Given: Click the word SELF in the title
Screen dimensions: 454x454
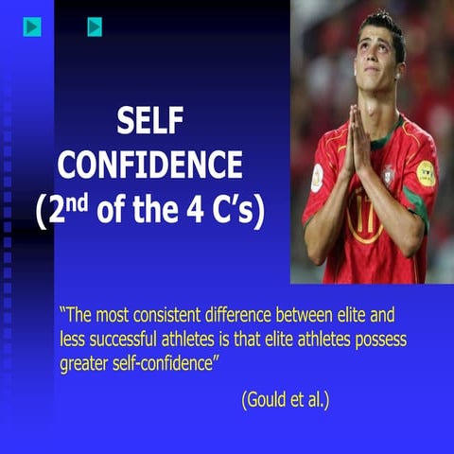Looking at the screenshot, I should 149,120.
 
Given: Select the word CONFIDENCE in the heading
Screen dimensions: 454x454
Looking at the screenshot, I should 149,165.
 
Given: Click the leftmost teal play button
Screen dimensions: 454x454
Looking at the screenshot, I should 33,27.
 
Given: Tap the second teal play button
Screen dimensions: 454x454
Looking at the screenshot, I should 95,27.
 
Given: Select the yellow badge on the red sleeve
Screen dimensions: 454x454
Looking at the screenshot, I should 426,172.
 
